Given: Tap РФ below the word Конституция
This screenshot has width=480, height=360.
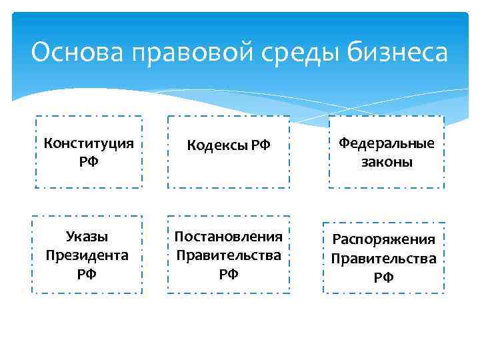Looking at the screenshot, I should coord(89,161).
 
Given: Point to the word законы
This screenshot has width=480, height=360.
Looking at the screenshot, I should coord(387,162).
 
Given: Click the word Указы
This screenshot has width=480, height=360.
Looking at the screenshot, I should coord(87,237).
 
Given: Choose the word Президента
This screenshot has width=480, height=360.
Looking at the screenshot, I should coord(87,255).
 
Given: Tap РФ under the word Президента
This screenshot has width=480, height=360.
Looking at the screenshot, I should coord(87,273).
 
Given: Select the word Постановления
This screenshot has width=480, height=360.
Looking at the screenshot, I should coord(229,237).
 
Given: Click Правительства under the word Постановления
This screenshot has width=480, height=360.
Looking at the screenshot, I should coord(229,255).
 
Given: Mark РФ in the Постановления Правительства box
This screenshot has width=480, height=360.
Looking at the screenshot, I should coord(229,273).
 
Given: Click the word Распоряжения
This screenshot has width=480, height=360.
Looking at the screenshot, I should coord(383,239).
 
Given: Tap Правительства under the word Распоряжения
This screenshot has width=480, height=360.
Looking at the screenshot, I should coord(383,258).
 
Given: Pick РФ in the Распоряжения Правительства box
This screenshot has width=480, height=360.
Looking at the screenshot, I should coord(383,277).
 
